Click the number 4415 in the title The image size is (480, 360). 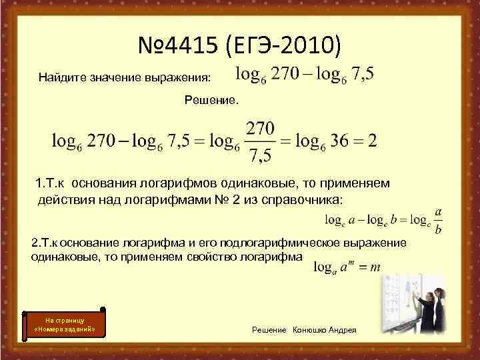coord(187,46)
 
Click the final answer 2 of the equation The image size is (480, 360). coord(372,141)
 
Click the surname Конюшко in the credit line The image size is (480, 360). coord(312,331)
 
